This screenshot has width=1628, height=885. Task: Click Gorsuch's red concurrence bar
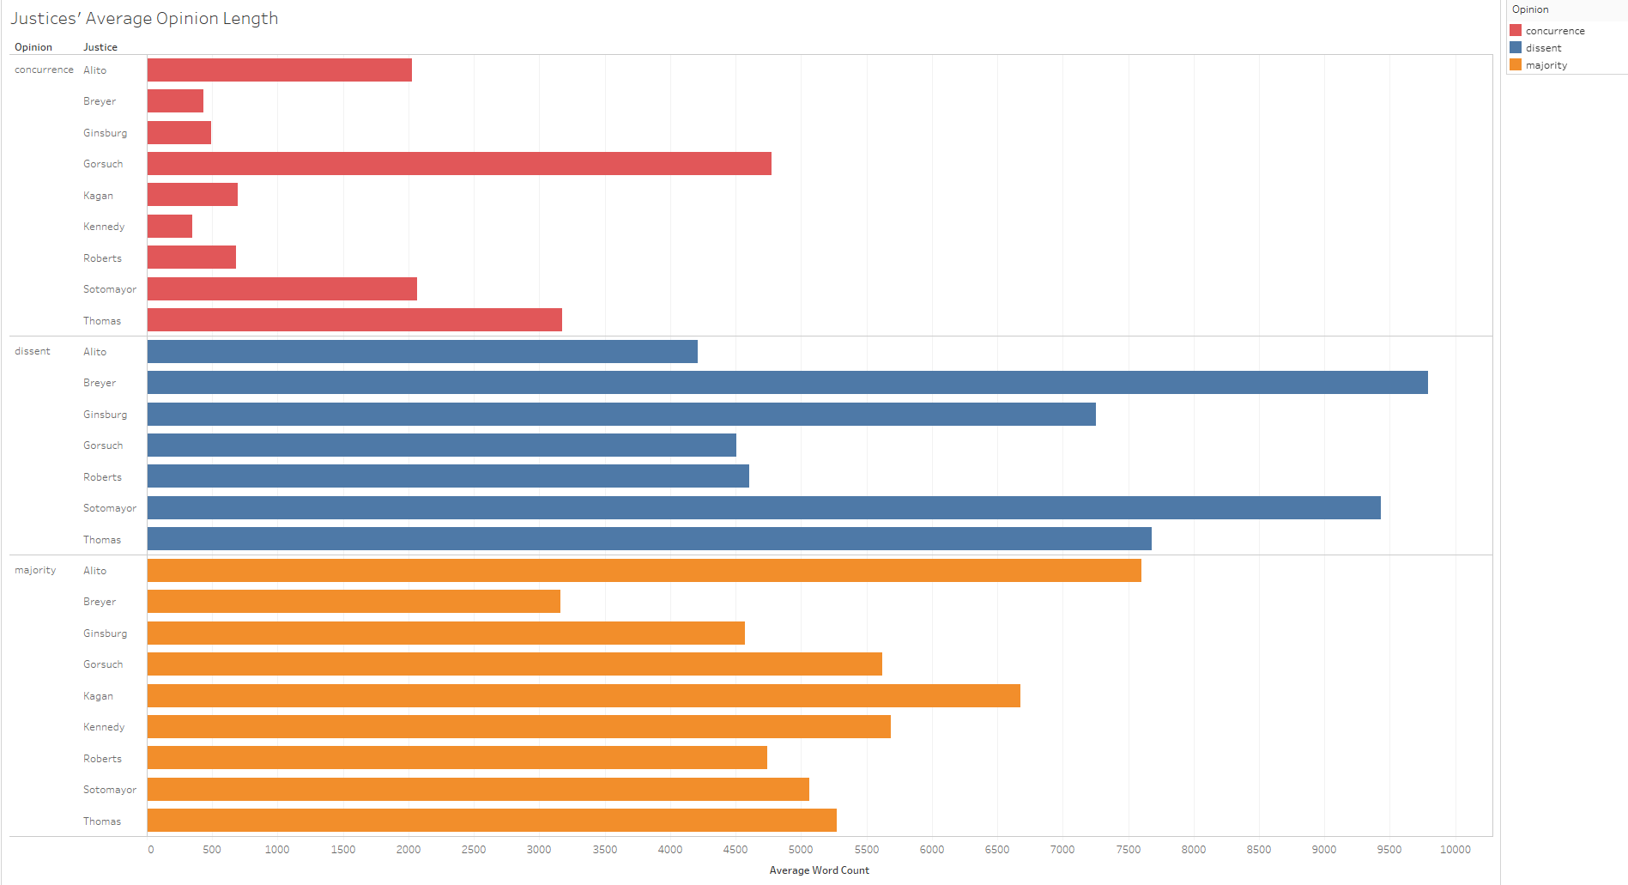point(459,164)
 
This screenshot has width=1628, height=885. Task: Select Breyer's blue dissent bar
point(787,383)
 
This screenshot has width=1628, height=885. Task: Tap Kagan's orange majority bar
point(584,695)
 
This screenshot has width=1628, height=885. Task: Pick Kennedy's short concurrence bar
point(170,227)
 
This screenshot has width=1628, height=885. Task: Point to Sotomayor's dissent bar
point(764,508)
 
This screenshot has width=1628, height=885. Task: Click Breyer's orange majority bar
point(354,602)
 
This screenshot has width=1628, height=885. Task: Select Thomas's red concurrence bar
point(354,320)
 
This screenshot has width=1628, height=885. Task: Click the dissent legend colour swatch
point(1516,48)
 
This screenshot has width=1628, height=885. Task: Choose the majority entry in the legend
point(1546,65)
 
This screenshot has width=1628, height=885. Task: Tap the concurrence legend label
point(1555,31)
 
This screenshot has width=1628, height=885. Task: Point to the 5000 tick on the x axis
point(801,850)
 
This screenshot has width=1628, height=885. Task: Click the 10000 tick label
point(1455,850)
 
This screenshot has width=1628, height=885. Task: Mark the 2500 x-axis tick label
point(474,850)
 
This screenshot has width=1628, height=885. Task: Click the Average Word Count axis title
point(819,870)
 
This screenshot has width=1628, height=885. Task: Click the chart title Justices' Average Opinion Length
point(144,19)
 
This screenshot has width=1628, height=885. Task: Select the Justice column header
point(100,47)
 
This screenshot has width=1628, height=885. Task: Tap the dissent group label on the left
point(33,351)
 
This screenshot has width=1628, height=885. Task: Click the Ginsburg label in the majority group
point(105,633)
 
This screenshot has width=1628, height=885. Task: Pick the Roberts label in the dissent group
point(102,477)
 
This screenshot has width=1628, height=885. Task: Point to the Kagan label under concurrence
point(98,196)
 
